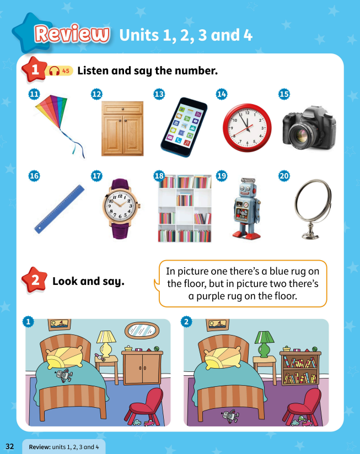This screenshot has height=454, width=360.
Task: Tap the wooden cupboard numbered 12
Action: tap(122, 128)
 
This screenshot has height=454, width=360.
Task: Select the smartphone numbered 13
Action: tap(184, 126)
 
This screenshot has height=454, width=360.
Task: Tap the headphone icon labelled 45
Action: tap(54, 71)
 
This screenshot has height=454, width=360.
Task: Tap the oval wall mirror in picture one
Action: tap(142, 331)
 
